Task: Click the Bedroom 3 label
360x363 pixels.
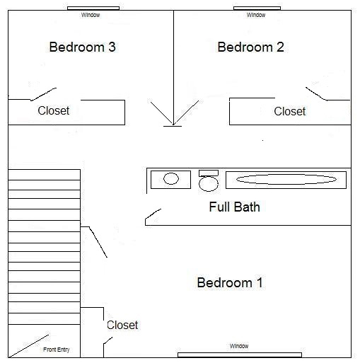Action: pos(82,47)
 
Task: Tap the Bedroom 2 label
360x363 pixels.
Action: pos(250,47)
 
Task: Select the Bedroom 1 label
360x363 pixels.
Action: pos(230,282)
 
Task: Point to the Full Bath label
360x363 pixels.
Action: pos(235,207)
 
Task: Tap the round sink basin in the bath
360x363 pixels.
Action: pos(171,178)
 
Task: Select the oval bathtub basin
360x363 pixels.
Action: pos(286,180)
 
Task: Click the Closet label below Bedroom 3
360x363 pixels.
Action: pos(54,110)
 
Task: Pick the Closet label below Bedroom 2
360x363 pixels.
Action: pos(290,111)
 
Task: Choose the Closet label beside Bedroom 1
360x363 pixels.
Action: pos(122,325)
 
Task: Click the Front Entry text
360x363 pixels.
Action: pos(57,350)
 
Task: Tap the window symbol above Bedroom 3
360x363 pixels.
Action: pos(93,8)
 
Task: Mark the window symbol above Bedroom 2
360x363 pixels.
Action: pos(257,8)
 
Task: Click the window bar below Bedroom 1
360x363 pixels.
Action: pos(240,355)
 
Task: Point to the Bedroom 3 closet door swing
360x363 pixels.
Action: pos(44,94)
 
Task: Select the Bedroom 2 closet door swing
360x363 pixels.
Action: pos(316,93)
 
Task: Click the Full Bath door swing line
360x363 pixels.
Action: pos(153,214)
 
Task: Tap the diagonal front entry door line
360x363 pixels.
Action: pos(29,346)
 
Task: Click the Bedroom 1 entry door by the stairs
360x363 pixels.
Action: pos(98,242)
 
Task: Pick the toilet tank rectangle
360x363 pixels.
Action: pos(209,173)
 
